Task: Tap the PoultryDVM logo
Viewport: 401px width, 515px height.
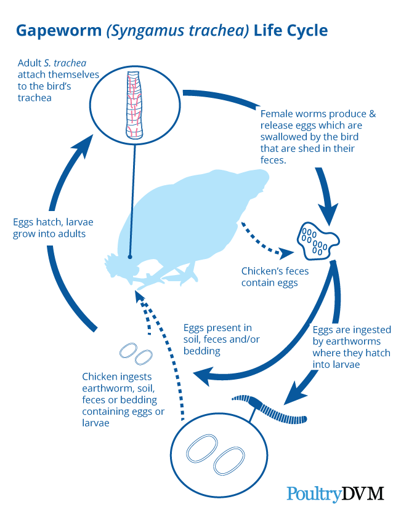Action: (335, 493)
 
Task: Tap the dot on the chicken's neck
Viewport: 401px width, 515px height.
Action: (129, 257)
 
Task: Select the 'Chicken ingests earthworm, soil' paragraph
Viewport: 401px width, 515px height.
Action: (123, 399)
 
